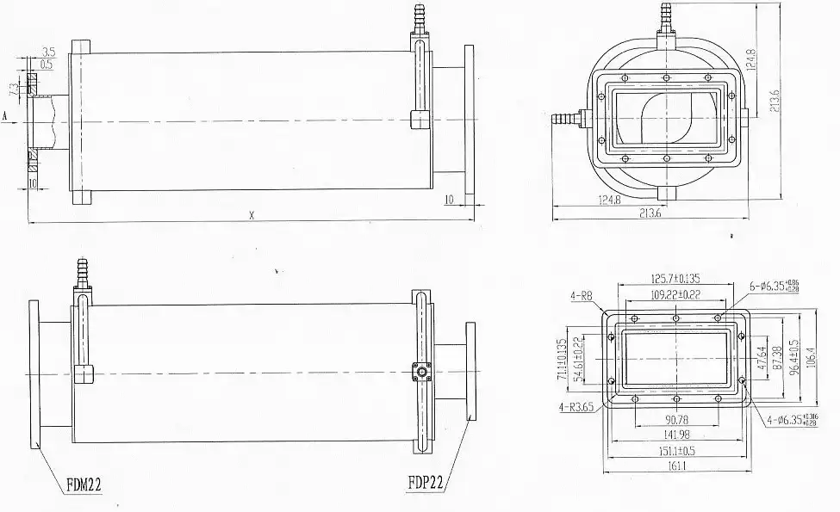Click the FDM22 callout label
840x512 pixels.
coord(84,485)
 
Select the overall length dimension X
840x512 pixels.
coord(252,216)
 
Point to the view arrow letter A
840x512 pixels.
coord(5,113)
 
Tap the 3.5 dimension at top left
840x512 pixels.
coord(47,53)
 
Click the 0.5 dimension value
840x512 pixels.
coord(47,65)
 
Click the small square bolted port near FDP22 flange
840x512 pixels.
coord(420,372)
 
